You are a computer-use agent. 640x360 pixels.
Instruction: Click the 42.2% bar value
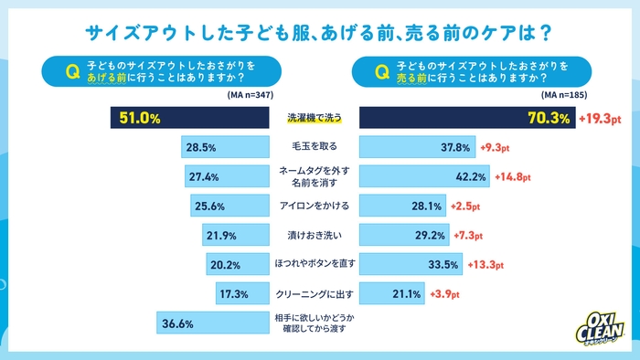[x=471, y=176]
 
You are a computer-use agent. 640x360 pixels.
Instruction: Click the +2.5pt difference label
[x=466, y=206]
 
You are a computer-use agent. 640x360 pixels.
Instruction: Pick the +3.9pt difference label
[x=447, y=294]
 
